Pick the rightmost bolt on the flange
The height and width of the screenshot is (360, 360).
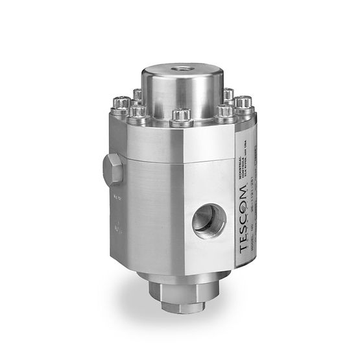click(x=243, y=104)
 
